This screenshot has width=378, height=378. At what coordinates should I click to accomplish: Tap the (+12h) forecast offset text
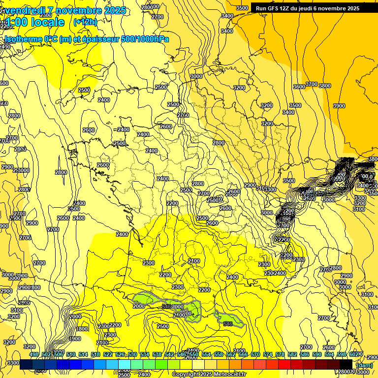point(86,22)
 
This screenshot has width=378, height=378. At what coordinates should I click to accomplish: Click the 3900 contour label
point(339,106)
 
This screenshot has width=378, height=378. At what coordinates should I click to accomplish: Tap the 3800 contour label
point(324,86)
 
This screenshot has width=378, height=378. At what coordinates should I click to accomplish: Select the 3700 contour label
point(312,84)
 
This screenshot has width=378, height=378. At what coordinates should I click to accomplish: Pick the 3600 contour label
point(299,87)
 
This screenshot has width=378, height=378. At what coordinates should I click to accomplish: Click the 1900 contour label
point(75,339)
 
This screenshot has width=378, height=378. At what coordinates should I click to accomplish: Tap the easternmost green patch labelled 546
point(228,319)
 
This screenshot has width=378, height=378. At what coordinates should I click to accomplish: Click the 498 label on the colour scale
point(34,355)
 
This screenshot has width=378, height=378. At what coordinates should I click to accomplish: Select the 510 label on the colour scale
point(71,355)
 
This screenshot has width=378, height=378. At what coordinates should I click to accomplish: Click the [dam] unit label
point(364,365)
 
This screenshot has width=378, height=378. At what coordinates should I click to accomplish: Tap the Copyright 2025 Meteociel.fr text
point(209,374)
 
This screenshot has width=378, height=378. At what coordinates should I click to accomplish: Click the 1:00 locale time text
point(34,22)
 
